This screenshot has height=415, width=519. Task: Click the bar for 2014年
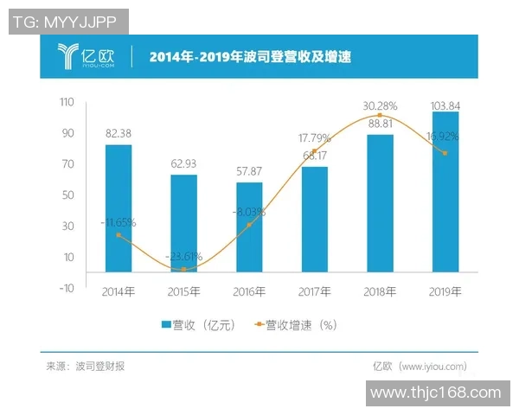(x=119, y=207)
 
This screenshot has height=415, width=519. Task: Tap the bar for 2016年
(x=249, y=227)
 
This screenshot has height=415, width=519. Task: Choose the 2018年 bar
(x=380, y=203)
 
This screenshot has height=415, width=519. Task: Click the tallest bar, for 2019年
(x=445, y=191)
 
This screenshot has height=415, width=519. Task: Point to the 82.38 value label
(x=119, y=134)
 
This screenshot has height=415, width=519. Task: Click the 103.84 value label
(x=445, y=105)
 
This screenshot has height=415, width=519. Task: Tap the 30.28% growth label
(x=380, y=106)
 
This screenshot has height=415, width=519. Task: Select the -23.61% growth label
(x=183, y=256)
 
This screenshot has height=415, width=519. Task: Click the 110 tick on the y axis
(x=67, y=103)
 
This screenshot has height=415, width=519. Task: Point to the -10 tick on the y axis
(x=66, y=288)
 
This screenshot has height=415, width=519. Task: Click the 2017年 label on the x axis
(x=315, y=291)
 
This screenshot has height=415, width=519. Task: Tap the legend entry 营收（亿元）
(x=198, y=325)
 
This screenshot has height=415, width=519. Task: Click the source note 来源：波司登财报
(x=86, y=367)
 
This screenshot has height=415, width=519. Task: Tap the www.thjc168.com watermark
(x=435, y=393)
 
